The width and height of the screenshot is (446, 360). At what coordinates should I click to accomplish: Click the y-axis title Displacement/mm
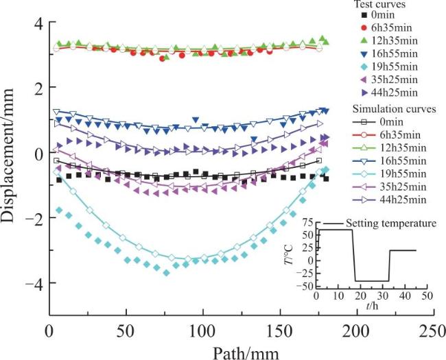8,155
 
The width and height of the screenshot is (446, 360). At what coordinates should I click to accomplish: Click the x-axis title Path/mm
246,352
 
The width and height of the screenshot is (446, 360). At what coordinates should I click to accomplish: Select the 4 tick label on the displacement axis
40,22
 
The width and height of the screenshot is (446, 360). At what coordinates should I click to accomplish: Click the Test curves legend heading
379,4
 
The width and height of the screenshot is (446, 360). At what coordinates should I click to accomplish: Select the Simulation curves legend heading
395,109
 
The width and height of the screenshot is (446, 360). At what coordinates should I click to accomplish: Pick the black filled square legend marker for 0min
366,15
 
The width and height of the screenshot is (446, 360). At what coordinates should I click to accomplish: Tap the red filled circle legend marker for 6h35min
366,28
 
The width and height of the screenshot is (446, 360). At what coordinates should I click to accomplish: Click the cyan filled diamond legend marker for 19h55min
366,67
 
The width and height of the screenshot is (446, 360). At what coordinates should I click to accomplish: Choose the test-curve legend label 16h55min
395,53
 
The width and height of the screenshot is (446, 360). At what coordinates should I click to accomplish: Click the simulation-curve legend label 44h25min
403,200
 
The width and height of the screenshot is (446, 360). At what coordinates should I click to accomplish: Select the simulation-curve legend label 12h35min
403,148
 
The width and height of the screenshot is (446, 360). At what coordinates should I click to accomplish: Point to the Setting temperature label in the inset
391,224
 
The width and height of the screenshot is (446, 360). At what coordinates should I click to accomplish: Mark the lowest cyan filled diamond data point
167,273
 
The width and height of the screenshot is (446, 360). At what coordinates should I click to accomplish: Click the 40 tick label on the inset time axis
405,296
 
